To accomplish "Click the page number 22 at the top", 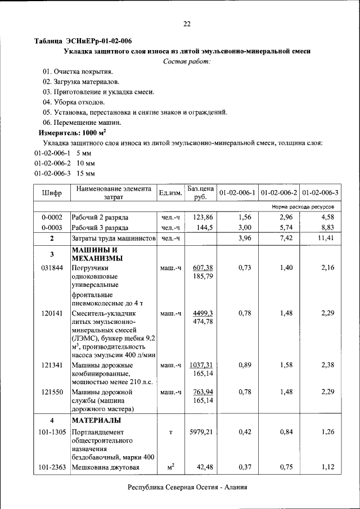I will tap(187, 24).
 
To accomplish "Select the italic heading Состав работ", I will tap(187, 61).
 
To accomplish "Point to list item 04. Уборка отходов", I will tap(74, 102).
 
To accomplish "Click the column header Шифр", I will tap(52, 193).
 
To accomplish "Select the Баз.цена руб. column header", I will tap(201, 193).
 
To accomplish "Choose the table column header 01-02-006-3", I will tap(321, 193).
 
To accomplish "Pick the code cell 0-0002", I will tap(52, 217).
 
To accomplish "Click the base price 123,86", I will tap(201, 217).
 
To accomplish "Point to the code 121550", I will tap(52, 391).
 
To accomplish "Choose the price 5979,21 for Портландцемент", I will tap(201, 432).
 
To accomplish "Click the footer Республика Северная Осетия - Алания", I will tap(187, 487).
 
